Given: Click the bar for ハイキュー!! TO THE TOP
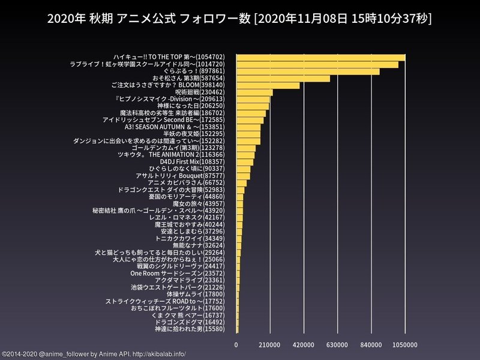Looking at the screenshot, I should [x=320, y=58].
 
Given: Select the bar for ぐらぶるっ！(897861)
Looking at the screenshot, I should [x=307, y=71].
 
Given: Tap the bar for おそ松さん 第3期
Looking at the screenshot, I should [x=283, y=79].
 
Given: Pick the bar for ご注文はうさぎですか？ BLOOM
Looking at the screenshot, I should [x=268, y=86].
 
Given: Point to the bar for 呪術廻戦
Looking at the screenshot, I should [x=254, y=92].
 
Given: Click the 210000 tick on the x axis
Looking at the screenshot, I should [x=269, y=345].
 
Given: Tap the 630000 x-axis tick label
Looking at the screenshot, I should [x=337, y=345].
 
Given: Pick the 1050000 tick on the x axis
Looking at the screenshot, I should [x=405, y=345].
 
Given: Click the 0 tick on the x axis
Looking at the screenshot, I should [x=236, y=345].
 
